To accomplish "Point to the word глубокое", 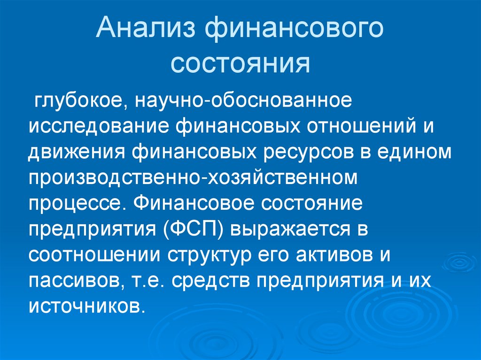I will (77, 101).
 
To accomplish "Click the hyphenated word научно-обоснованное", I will (244, 101).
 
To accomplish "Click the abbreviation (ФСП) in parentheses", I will (193, 230).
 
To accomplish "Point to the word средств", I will (209, 281).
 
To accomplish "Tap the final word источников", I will (84, 307).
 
